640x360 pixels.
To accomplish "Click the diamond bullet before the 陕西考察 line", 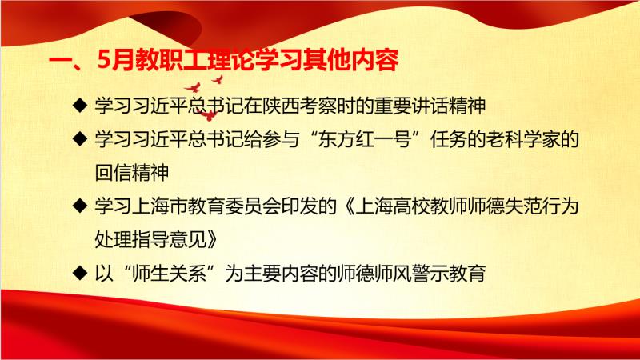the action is click(x=79, y=106).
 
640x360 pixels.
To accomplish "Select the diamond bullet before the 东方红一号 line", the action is click(x=79, y=138).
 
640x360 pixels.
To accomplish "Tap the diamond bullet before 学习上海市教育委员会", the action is click(x=79, y=206).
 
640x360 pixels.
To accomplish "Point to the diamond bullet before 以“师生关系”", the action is click(x=79, y=273).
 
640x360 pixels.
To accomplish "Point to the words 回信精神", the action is click(x=132, y=173).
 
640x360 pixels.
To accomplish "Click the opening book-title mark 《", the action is click(x=347, y=206).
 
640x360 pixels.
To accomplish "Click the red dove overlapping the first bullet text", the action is click(x=209, y=115).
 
